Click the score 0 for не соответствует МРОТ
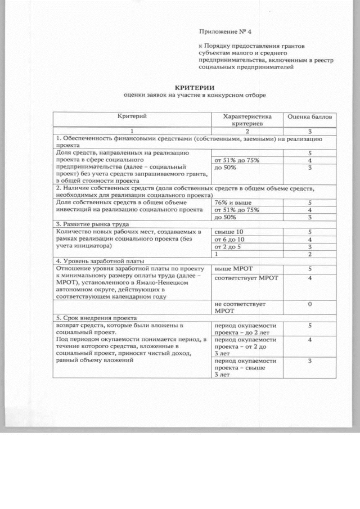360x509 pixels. pos(309,304)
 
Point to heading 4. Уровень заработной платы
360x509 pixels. pos(98,261)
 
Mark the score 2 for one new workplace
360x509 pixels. pos(309,254)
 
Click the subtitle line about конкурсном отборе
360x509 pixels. pos(195,96)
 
